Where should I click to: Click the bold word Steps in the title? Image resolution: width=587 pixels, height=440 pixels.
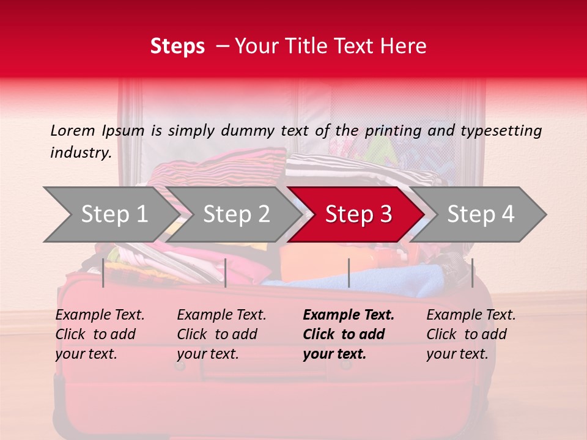177,46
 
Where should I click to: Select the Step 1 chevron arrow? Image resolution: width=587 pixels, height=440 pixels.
110,214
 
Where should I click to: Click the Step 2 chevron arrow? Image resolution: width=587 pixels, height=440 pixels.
236,214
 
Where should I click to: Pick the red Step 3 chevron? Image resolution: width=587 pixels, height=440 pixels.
358,214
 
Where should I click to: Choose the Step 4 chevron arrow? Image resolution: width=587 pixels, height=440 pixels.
481,214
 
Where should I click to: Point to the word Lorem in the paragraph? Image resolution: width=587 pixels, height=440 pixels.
73,130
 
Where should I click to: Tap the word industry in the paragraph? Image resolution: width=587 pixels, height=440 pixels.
80,152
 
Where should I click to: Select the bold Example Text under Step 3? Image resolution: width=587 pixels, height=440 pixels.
349,315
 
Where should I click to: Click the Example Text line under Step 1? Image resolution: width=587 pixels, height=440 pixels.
100,315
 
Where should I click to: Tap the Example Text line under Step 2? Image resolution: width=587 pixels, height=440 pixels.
221,315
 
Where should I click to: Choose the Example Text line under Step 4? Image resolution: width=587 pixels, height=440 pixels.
471,315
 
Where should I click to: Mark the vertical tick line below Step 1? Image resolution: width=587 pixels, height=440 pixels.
103,273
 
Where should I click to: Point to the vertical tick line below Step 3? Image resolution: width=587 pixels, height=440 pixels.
349,273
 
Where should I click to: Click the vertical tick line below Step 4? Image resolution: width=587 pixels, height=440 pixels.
472,273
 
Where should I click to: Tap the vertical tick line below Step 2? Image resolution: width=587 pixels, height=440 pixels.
226,273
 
